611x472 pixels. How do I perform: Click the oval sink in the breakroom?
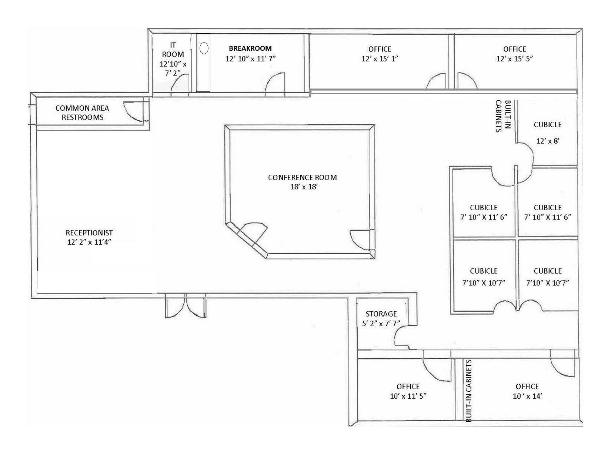pos(204,48)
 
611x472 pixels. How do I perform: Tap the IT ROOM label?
pos(173,50)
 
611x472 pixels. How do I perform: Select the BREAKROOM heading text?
pos(250,48)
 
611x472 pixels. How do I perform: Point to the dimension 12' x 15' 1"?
pos(380,59)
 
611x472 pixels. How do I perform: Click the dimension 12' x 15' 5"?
pos(515,59)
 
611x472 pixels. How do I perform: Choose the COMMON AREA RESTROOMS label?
pos(82,113)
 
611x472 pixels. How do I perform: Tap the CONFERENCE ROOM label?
pos(303,177)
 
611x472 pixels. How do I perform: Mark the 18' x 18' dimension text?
pos(304,187)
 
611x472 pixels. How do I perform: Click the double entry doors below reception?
pos(186,305)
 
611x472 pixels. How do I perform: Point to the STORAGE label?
pos(381,314)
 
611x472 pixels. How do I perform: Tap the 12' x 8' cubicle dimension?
pos(548,141)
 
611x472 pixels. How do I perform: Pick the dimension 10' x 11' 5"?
pos(408,396)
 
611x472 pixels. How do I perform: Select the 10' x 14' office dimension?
pos(527,396)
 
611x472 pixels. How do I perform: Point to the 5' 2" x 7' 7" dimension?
pos(381,324)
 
